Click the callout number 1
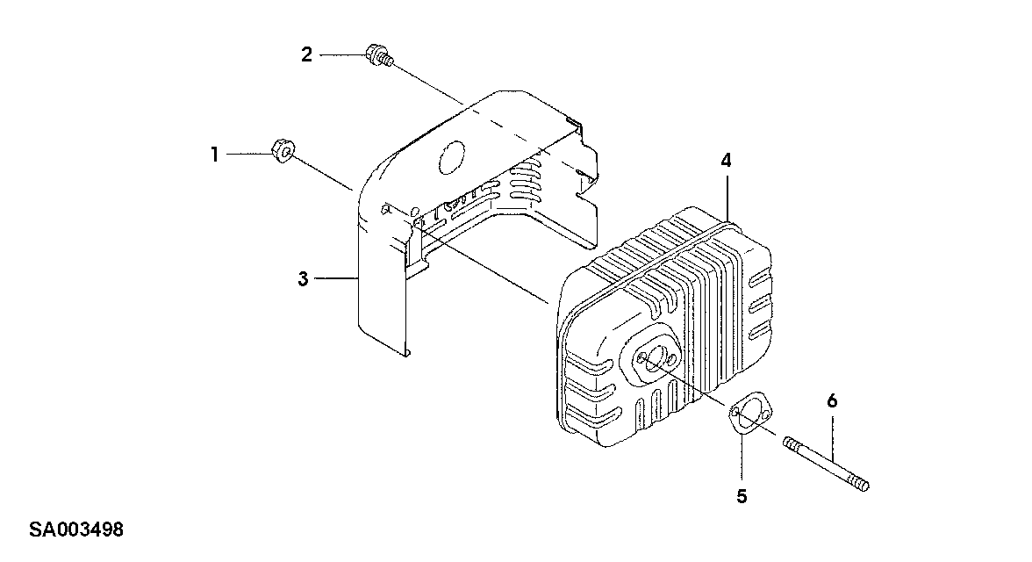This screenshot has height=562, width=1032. [213, 155]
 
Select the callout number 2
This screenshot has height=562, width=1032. [306, 55]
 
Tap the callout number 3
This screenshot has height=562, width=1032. [303, 279]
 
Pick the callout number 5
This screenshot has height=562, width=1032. [742, 496]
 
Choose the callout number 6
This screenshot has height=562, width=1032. [832, 401]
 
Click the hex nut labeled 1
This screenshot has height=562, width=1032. [281, 151]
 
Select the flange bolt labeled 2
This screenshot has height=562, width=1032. [378, 56]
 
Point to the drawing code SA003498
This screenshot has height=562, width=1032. [75, 530]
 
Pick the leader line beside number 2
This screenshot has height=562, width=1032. [342, 55]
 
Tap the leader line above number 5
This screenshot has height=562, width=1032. [742, 457]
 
